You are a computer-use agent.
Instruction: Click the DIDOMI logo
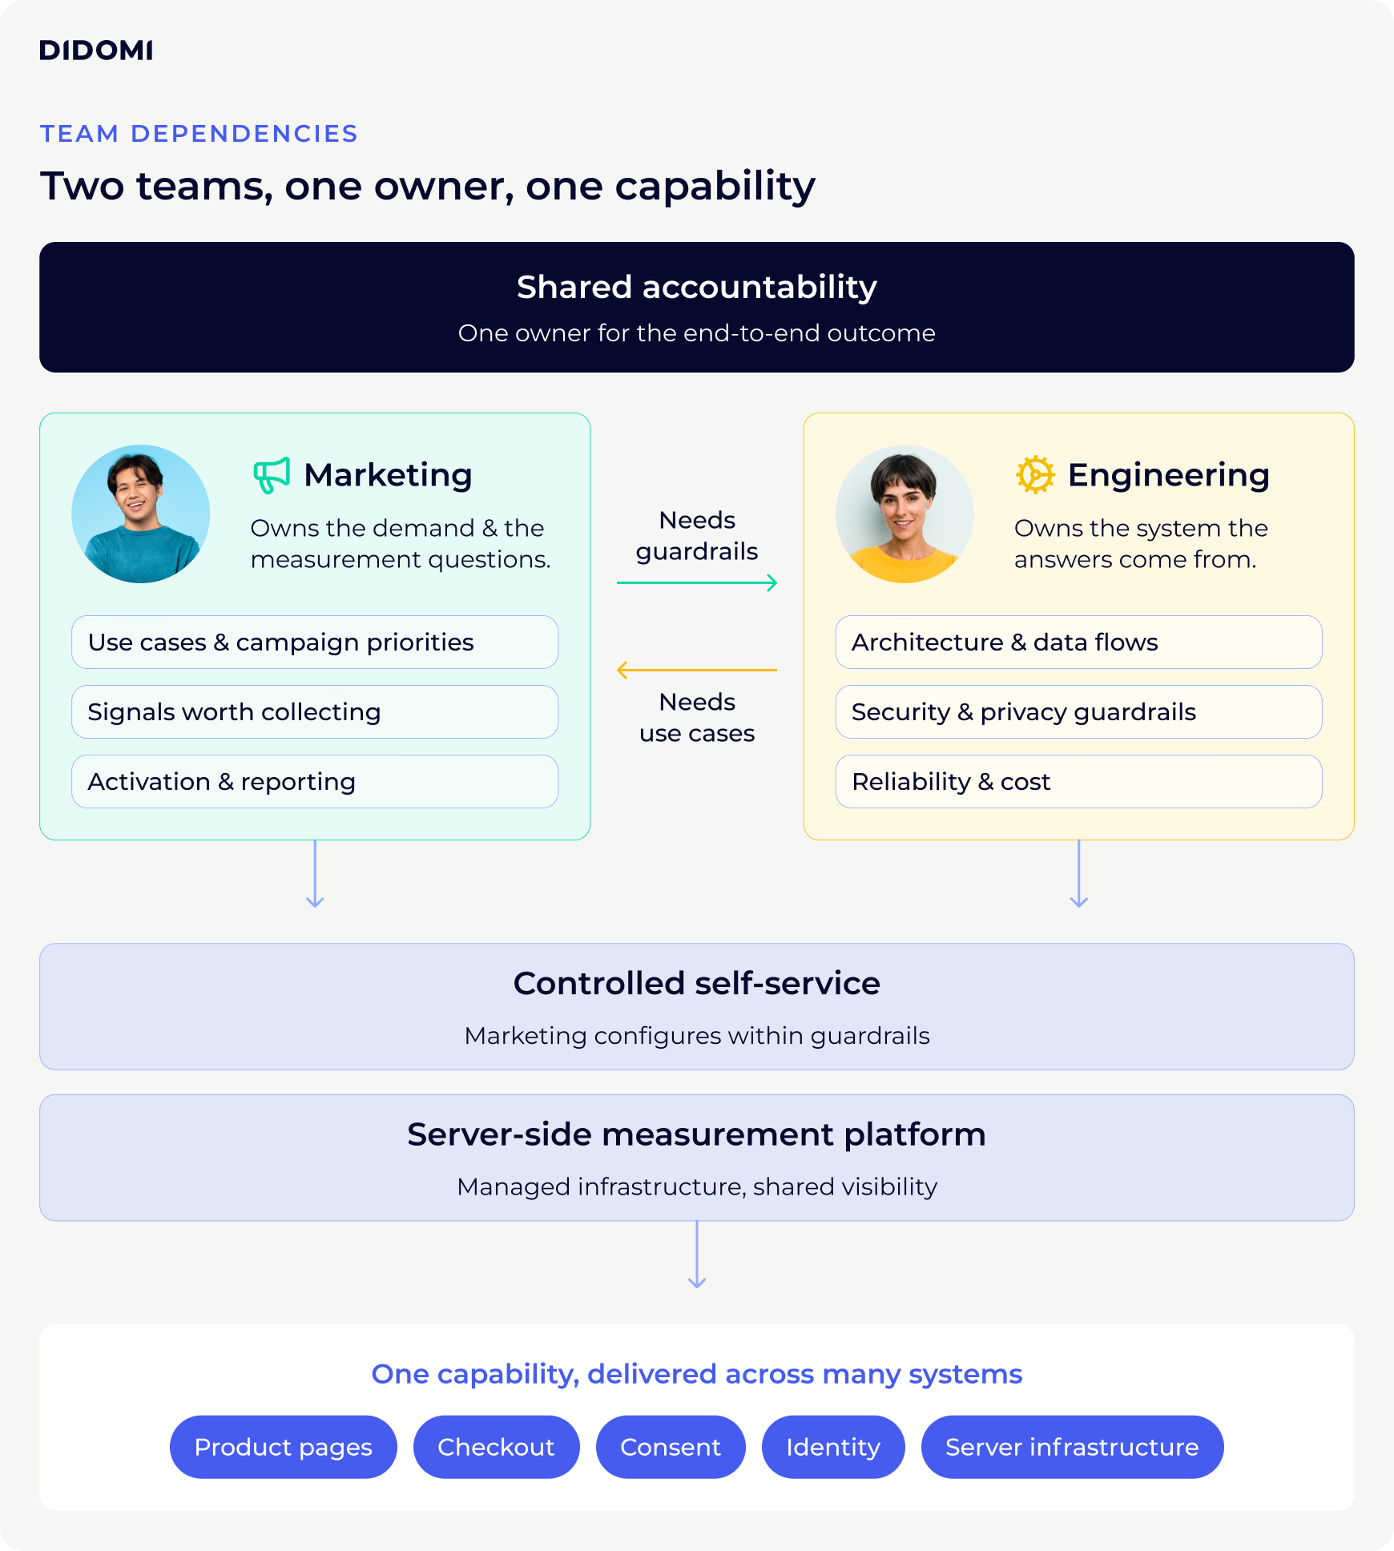point(96,50)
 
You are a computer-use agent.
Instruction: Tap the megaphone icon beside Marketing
point(272,475)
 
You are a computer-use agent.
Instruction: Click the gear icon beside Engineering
point(1035,475)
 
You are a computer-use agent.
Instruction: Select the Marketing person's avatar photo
point(141,514)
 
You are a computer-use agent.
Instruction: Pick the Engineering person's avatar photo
point(904,514)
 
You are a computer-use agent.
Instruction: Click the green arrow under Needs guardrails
point(697,582)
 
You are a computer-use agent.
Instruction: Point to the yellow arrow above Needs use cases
point(697,670)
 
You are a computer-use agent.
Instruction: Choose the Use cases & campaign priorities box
point(315,642)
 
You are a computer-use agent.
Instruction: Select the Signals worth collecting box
point(315,711)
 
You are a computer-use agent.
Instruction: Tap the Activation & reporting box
point(315,781)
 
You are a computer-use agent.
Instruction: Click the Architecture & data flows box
point(1078,642)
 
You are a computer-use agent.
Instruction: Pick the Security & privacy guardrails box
point(1078,711)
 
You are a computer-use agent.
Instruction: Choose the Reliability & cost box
point(1078,781)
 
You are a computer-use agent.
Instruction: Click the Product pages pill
point(284,1447)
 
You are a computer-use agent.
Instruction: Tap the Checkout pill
point(497,1447)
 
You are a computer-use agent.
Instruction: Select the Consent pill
point(671,1447)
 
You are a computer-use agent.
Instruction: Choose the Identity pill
point(833,1447)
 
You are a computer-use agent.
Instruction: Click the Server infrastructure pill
point(1072,1447)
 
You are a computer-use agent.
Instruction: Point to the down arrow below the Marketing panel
point(315,874)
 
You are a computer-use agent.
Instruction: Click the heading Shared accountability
point(697,287)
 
